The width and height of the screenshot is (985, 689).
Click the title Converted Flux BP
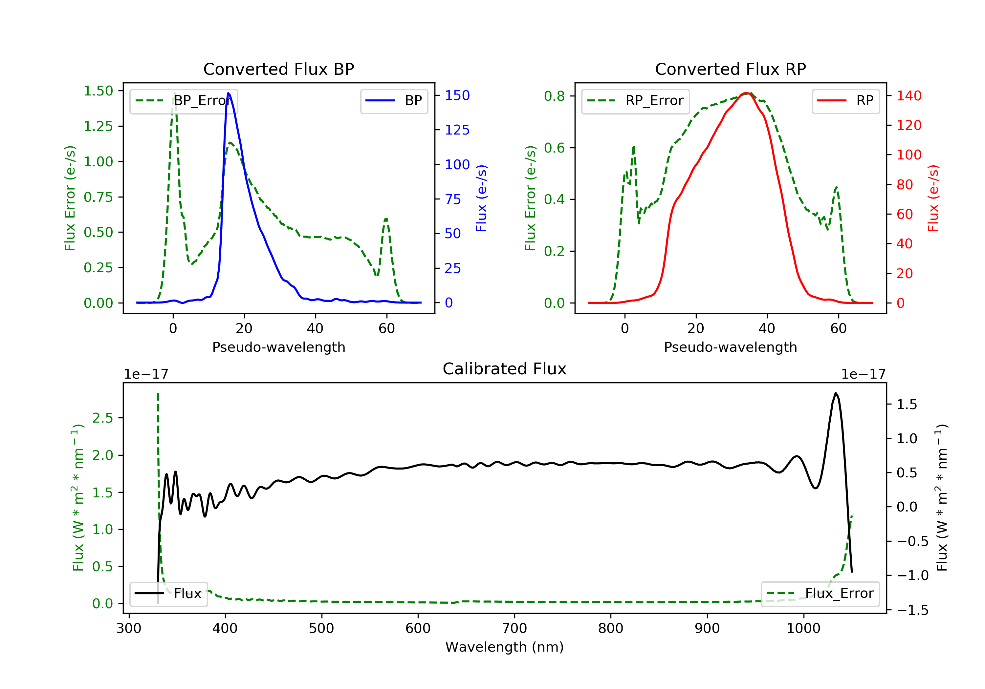pyautogui.click(x=278, y=69)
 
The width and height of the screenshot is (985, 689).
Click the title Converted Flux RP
pyautogui.click(x=730, y=69)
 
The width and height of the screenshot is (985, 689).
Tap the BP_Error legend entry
pyautogui.click(x=184, y=101)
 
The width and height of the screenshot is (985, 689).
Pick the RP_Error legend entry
pyautogui.click(x=635, y=101)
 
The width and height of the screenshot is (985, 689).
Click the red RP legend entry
pyautogui.click(x=845, y=101)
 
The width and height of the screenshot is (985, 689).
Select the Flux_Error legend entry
pyautogui.click(x=820, y=594)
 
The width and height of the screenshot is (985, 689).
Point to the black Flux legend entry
pyautogui.click(x=169, y=594)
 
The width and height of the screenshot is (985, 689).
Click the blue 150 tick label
pyautogui.click(x=457, y=95)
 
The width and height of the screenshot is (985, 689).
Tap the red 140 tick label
pyautogui.click(x=908, y=95)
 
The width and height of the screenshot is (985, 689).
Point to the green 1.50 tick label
pyautogui.click(x=98, y=91)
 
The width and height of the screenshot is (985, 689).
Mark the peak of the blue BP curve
pyautogui.click(x=228, y=93)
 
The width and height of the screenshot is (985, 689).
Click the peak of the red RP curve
pyautogui.click(x=747, y=93)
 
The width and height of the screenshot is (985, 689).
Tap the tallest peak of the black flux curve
pyautogui.click(x=835, y=393)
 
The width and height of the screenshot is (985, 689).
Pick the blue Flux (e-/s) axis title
pyautogui.click(x=481, y=198)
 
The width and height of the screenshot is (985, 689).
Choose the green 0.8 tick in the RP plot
pyautogui.click(x=554, y=96)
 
